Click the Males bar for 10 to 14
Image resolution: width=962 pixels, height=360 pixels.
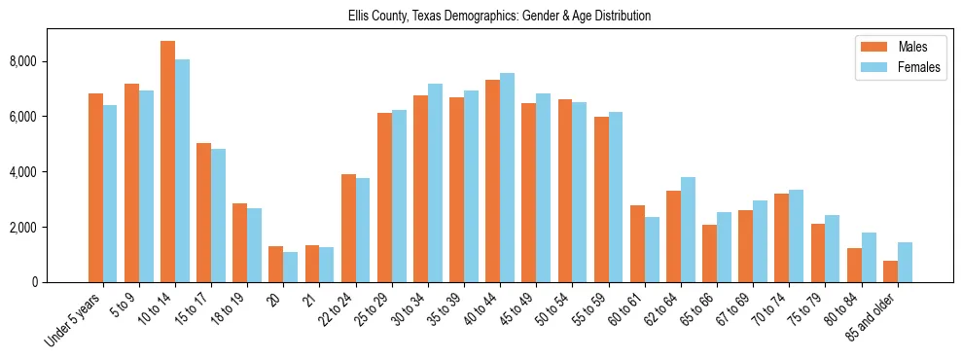pos(167,162)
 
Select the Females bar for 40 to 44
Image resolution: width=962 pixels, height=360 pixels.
pos(508,177)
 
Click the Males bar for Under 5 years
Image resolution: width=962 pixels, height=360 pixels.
pos(95,188)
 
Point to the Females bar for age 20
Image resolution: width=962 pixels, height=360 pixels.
pos(291,267)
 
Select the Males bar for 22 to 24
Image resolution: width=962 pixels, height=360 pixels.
pos(348,228)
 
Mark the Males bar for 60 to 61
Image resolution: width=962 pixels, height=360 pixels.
pos(637,243)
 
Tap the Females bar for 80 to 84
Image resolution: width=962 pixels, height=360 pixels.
pos(869,257)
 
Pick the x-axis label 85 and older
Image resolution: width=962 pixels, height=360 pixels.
pos(872,319)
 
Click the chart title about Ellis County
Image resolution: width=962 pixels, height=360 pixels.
pos(499,17)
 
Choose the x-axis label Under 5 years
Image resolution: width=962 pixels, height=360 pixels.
pos(74,320)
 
